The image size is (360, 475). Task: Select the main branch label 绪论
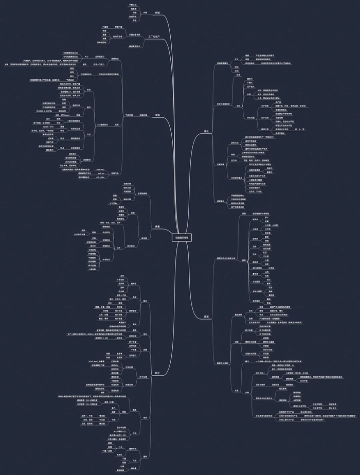point(207,132)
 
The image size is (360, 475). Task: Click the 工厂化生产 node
point(154,38)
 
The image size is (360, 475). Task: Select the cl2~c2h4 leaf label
point(101,177)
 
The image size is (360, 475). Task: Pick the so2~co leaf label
point(101,173)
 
